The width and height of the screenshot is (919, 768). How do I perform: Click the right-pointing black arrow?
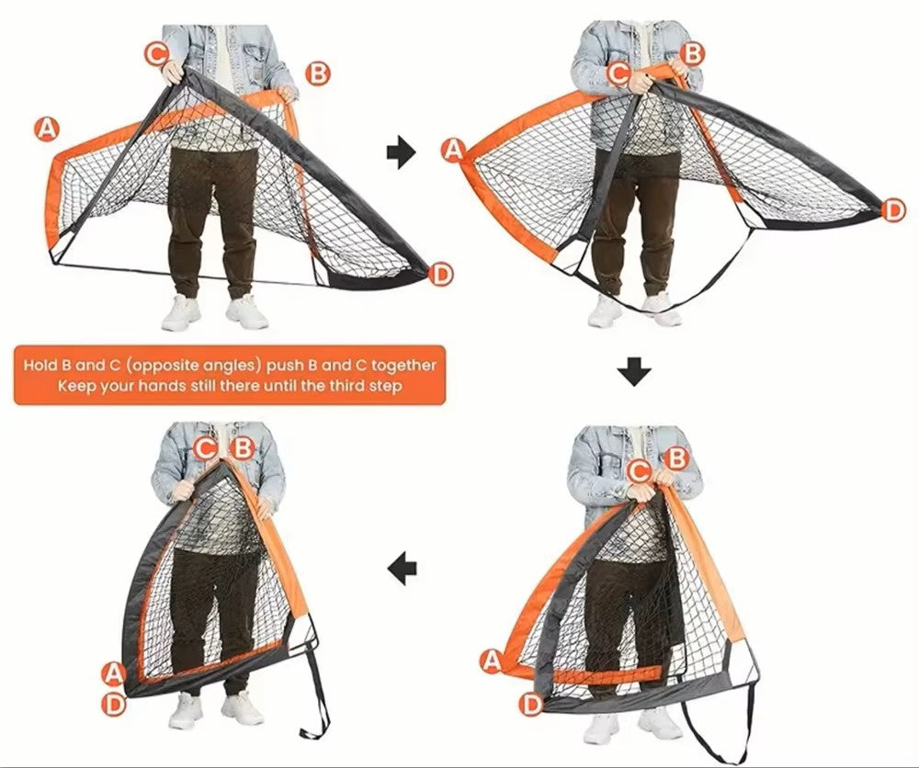(x=401, y=152)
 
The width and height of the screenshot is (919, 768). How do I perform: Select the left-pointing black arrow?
(x=403, y=568)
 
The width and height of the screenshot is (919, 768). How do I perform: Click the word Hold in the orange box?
(x=40, y=366)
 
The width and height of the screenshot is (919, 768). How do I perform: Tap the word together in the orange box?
(x=403, y=367)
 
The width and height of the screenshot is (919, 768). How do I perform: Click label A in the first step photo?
(x=46, y=129)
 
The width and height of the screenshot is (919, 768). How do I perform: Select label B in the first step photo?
(x=318, y=73)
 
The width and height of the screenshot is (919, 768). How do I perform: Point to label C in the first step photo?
(x=156, y=54)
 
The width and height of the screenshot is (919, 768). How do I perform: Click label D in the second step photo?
(x=892, y=209)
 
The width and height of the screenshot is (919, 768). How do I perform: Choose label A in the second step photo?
(x=453, y=151)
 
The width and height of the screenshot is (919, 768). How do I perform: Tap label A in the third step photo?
(x=493, y=661)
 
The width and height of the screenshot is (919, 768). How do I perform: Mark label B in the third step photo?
(x=677, y=458)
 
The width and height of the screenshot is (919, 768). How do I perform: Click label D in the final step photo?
(x=114, y=704)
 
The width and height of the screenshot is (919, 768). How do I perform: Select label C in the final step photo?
(x=205, y=449)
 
